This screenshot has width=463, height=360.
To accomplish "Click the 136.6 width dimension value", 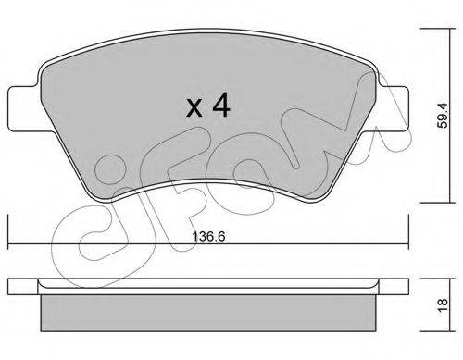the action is coord(208,237).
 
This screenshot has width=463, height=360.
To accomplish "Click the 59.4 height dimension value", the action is coord(443,115).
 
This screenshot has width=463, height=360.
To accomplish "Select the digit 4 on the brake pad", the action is coord(221,106).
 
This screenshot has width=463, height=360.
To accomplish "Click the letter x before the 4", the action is coord(194,109).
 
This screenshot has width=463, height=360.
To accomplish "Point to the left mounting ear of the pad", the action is coord(23,108).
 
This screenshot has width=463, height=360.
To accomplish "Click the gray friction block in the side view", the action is coord(208,313).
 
